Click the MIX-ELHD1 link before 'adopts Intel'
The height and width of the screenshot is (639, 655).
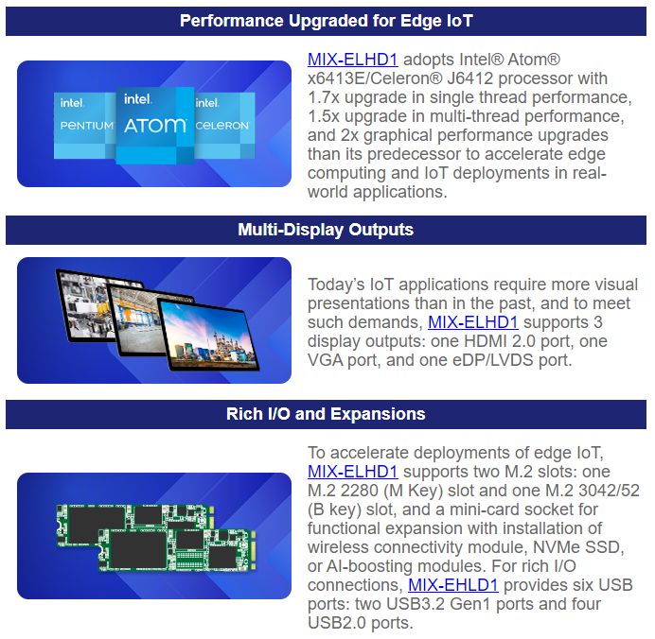coord(352,60)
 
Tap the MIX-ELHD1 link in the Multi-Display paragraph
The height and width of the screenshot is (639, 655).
coord(473,322)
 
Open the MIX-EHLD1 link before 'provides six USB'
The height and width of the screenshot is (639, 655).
coord(452,585)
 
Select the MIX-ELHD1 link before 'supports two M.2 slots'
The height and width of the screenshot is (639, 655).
coord(352,472)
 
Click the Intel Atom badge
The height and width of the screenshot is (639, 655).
coord(155,125)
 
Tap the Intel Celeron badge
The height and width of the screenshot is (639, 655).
coord(224,126)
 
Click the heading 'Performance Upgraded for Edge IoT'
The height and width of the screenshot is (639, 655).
coord(327,21)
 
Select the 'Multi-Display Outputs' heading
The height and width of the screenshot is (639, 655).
coord(326,230)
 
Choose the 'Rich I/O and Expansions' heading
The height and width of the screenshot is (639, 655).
coord(326,414)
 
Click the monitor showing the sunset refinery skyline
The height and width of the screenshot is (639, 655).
coord(207,335)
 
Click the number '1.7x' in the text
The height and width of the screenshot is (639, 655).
coord(324,97)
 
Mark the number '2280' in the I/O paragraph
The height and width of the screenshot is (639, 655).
coord(360,491)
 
